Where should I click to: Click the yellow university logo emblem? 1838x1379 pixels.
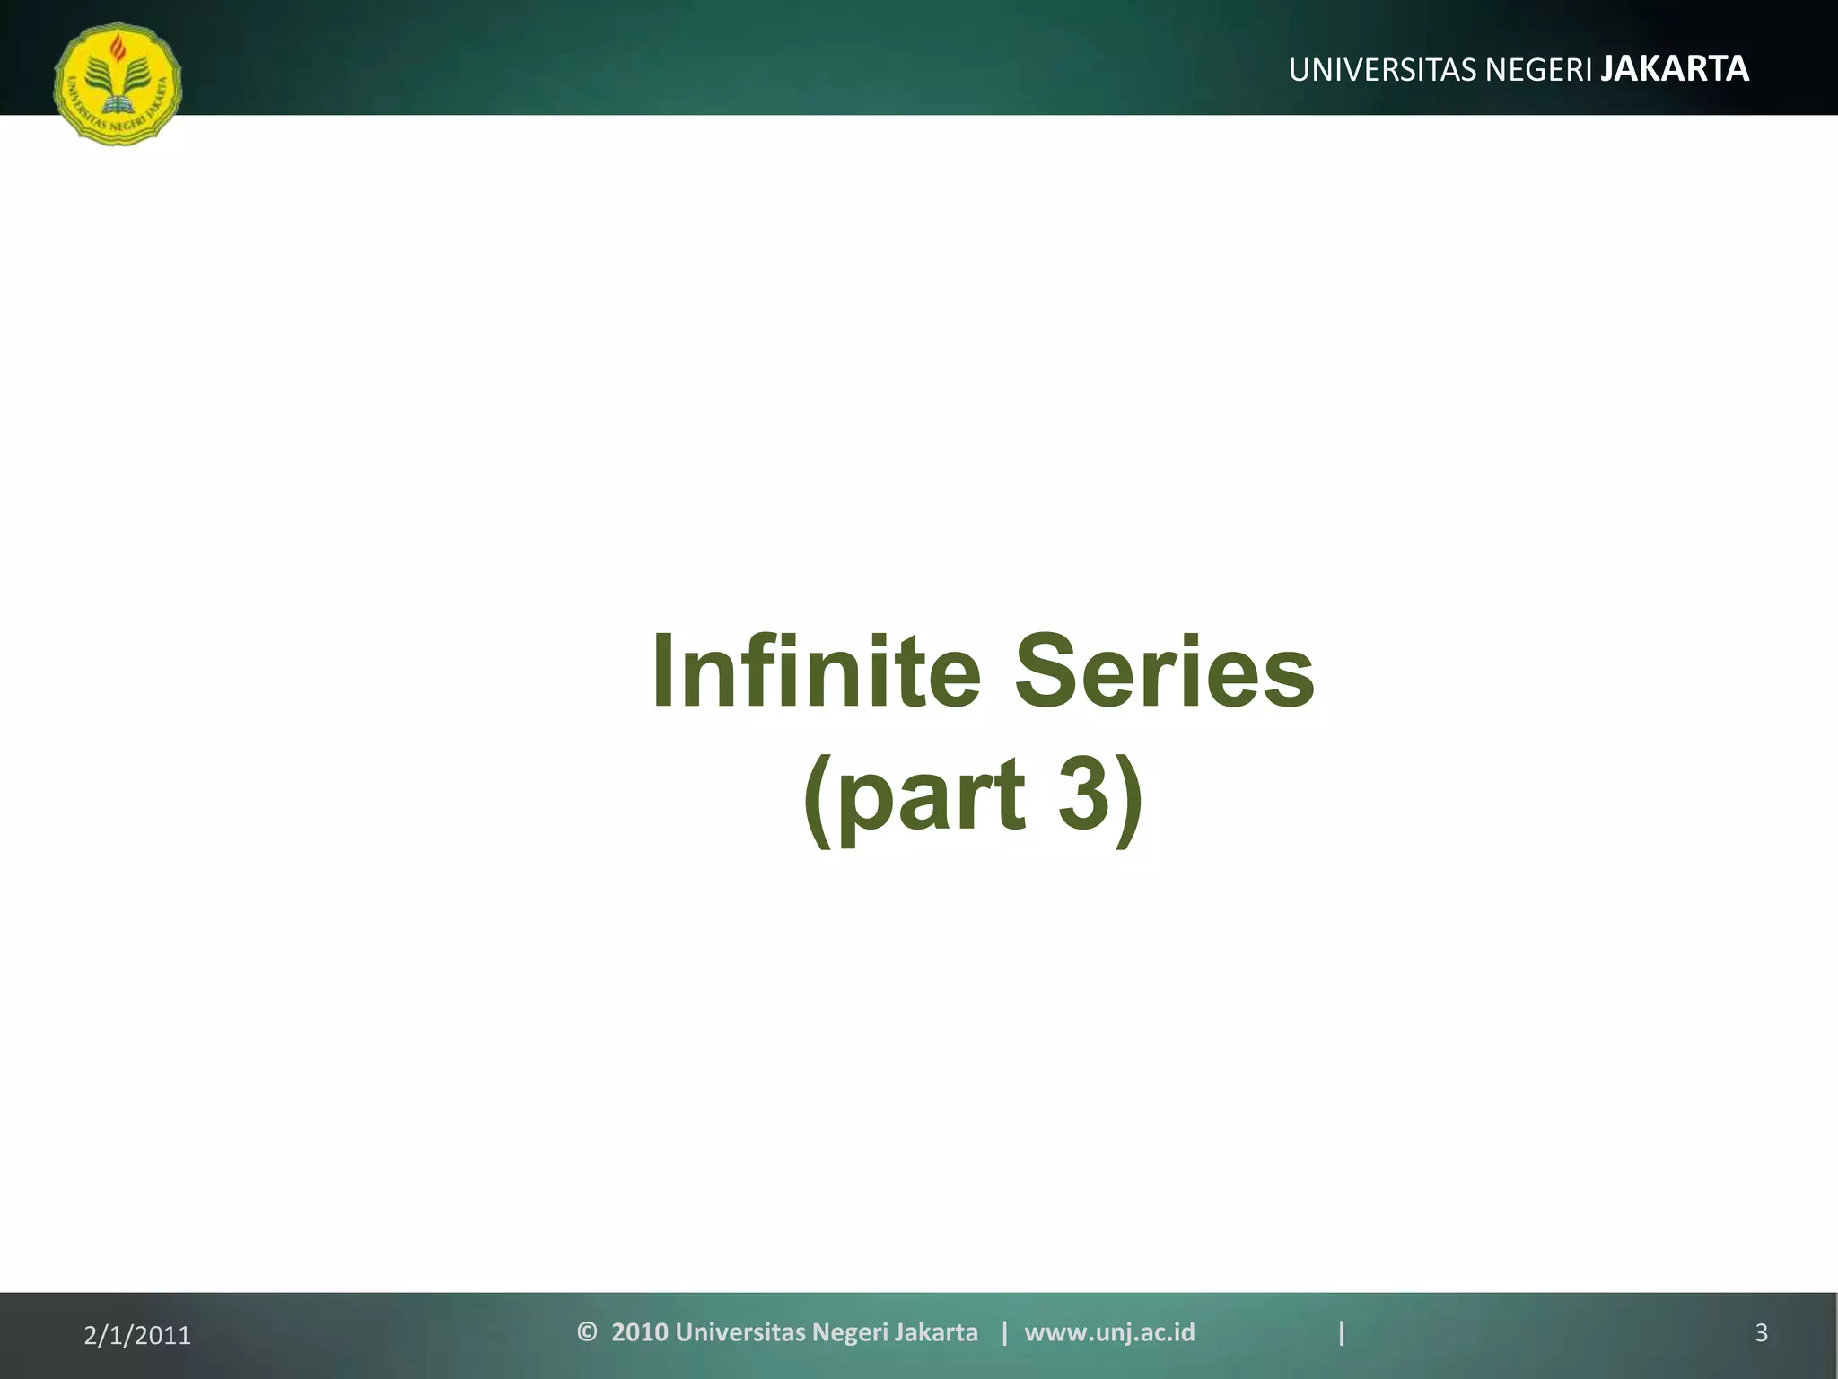coord(118,83)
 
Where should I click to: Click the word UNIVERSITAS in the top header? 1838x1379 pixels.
coord(1383,70)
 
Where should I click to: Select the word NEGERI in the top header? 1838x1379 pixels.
coord(1539,70)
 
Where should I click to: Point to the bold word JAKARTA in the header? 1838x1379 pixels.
coord(1675,69)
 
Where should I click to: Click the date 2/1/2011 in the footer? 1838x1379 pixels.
coord(137,1336)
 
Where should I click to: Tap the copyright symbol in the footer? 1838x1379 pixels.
coord(587,1331)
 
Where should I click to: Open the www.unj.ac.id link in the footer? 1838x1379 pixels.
coord(1109,1332)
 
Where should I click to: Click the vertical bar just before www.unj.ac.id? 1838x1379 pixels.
coord(1004,1332)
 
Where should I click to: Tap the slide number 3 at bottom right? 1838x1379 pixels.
coord(1761,1333)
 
